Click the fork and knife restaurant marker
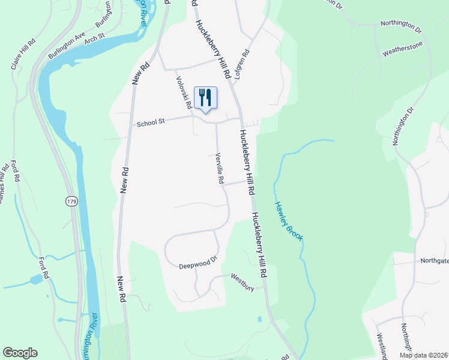tap(205, 98)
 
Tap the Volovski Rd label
tap(183, 92)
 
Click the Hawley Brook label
tap(289, 221)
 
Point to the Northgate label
tap(434, 260)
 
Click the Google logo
tap(20, 353)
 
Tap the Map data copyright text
tap(423, 355)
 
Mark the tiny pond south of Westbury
tap(259, 319)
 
